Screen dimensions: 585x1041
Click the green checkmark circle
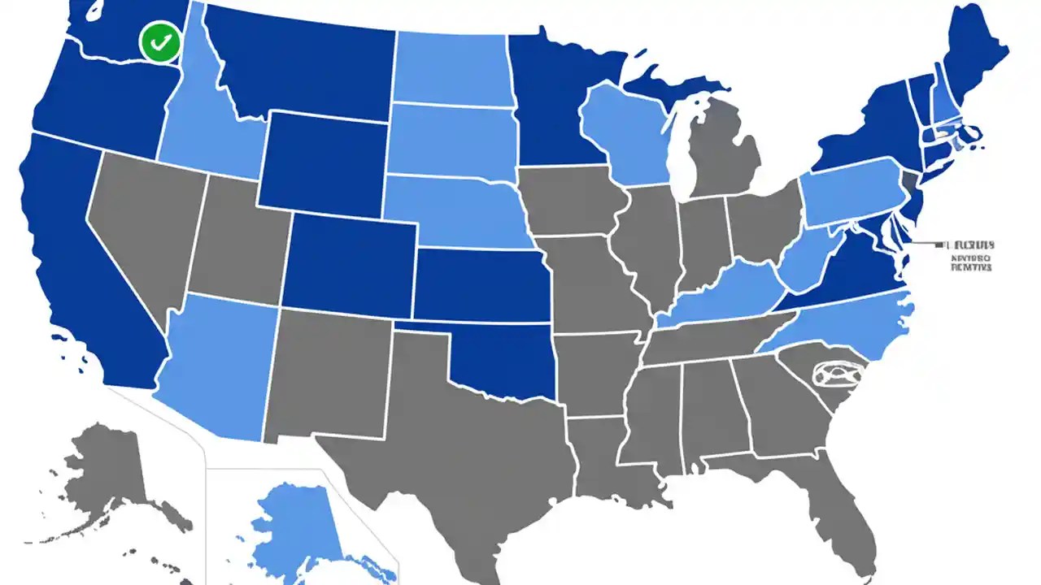pos(160,42)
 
